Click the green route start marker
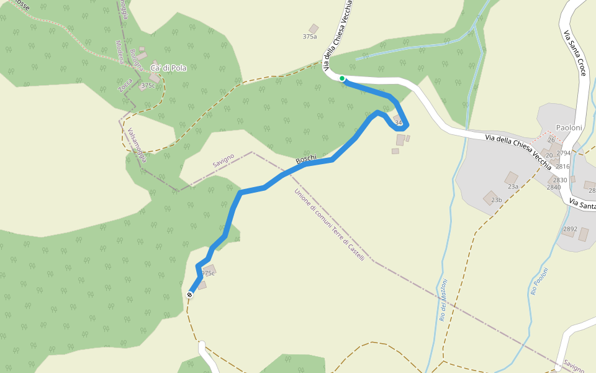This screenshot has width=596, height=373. pyautogui.click(x=342, y=78)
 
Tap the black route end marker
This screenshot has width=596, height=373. pyautogui.click(x=189, y=295)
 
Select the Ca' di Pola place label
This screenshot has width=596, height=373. pyautogui.click(x=168, y=68)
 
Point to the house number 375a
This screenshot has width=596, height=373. pyautogui.click(x=309, y=37)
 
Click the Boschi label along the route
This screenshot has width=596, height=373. pyautogui.click(x=306, y=160)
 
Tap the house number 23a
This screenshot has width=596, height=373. pyautogui.click(x=513, y=186)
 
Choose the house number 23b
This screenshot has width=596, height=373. pyautogui.click(x=496, y=200)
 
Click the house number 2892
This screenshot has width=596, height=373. pyautogui.click(x=569, y=229)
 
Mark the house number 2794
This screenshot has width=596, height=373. pyautogui.click(x=563, y=153)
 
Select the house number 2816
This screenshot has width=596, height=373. pyautogui.click(x=562, y=167)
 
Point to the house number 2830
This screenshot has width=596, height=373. pyautogui.click(x=560, y=180)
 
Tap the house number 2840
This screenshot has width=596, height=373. pyautogui.click(x=553, y=187)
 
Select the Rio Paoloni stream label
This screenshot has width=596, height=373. pyautogui.click(x=540, y=280)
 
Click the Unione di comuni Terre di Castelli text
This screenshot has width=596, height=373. pyautogui.click(x=328, y=224)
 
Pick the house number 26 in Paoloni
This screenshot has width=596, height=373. pyautogui.click(x=551, y=140)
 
